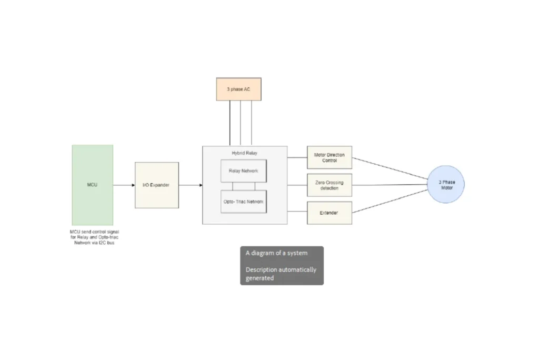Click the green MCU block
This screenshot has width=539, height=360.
(x=92, y=185)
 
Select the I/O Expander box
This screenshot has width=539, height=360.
(x=157, y=185)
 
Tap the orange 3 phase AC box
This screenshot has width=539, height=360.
(x=238, y=89)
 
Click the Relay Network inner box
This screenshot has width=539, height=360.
(x=243, y=171)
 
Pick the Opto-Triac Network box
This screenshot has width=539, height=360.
(x=243, y=202)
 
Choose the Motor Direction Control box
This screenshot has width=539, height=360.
(x=330, y=157)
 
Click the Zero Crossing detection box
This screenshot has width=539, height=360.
(x=330, y=185)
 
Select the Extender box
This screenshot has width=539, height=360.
(x=330, y=213)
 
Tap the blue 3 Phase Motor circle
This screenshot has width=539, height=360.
(x=445, y=184)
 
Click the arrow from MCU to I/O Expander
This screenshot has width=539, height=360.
(x=124, y=185)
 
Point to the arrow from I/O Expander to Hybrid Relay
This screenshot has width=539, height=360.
(x=191, y=185)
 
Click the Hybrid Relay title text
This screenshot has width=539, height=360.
(x=245, y=153)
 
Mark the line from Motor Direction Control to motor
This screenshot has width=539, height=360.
(x=390, y=168)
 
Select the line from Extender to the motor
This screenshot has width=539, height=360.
(x=390, y=202)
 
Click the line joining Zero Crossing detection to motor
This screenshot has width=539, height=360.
(x=390, y=185)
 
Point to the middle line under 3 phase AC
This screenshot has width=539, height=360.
(x=241, y=123)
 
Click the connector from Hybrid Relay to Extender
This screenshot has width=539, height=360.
(x=297, y=212)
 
